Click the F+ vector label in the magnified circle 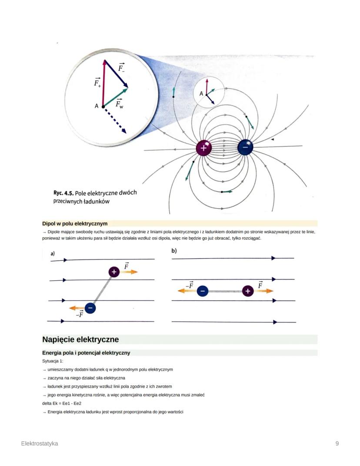tap(97, 83)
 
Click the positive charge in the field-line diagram tap(203, 148)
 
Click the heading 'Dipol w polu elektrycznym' tap(75, 224)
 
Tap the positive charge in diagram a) tap(114, 272)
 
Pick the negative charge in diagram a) tap(90, 308)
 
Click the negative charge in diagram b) tap(202, 291)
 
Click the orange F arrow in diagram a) tap(129, 272)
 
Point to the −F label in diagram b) tap(189, 285)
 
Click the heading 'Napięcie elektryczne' tap(80, 339)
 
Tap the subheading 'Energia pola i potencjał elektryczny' tap(86, 352)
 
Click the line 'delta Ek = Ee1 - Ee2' tap(60, 403)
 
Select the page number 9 tap(337, 443)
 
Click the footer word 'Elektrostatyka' tap(40, 443)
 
